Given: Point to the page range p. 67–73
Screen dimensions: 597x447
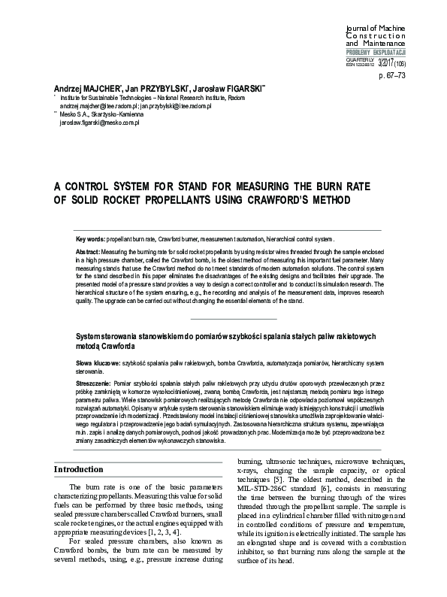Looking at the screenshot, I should [x=391, y=76].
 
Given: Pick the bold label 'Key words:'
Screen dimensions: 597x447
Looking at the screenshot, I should [x=91, y=238].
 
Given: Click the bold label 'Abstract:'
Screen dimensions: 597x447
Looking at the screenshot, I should [x=90, y=250].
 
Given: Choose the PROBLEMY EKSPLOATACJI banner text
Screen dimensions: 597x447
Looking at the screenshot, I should [x=376, y=51].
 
